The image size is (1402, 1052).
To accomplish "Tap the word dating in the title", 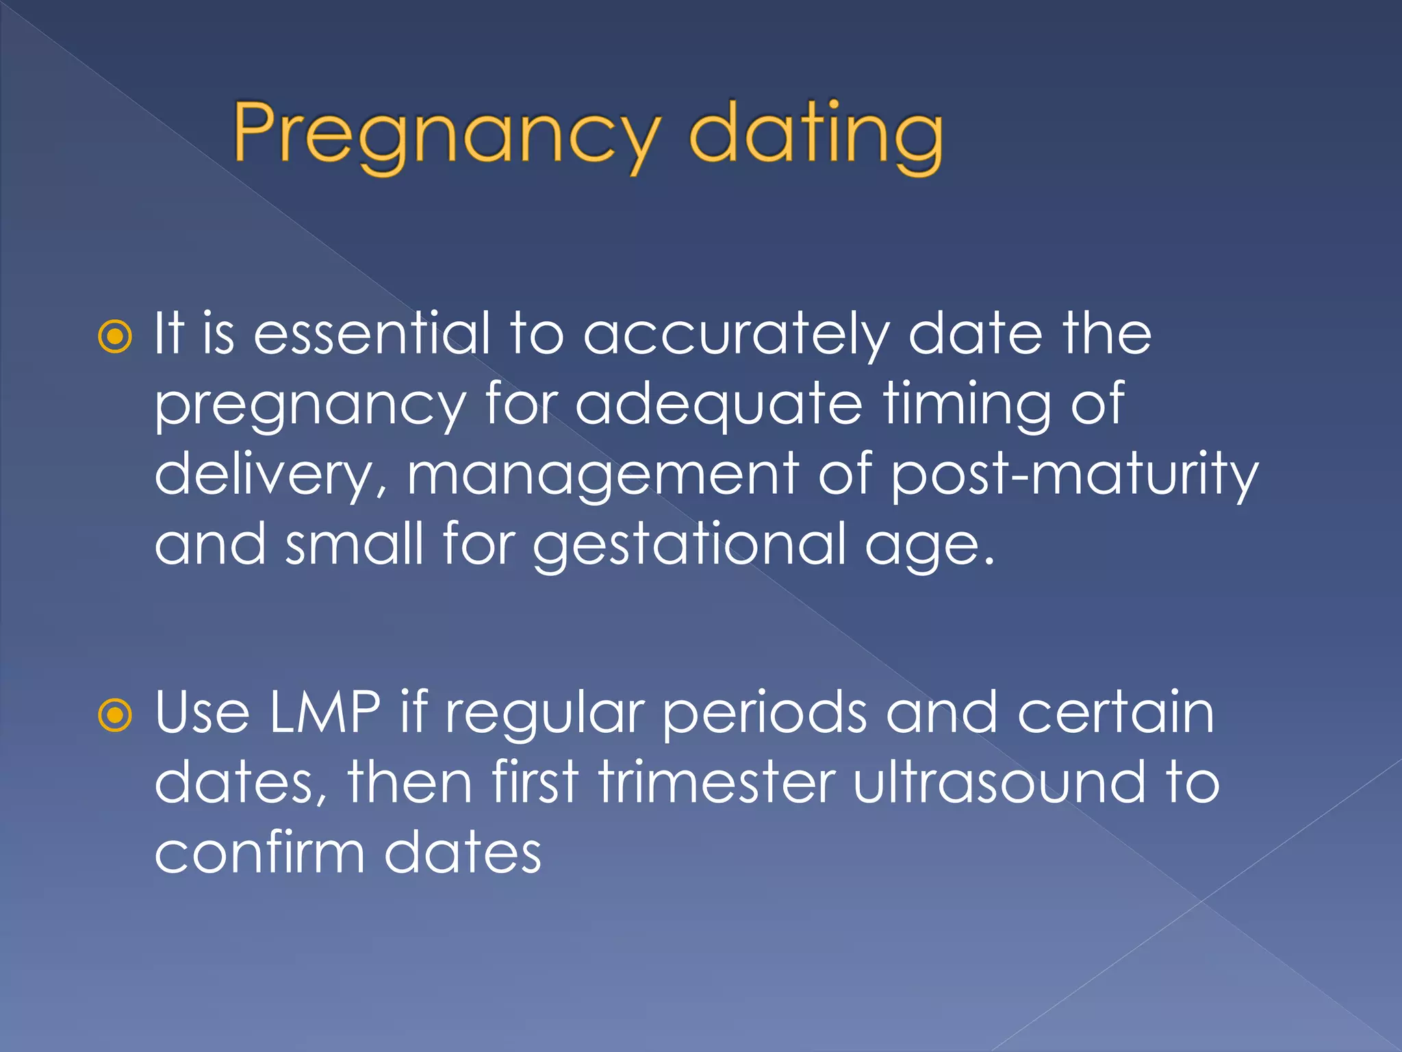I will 815,134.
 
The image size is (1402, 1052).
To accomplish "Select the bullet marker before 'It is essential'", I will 115,336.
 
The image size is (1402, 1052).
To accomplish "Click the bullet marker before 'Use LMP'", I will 115,716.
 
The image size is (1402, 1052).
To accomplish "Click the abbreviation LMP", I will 324,713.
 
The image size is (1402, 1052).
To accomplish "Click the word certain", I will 1115,713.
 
